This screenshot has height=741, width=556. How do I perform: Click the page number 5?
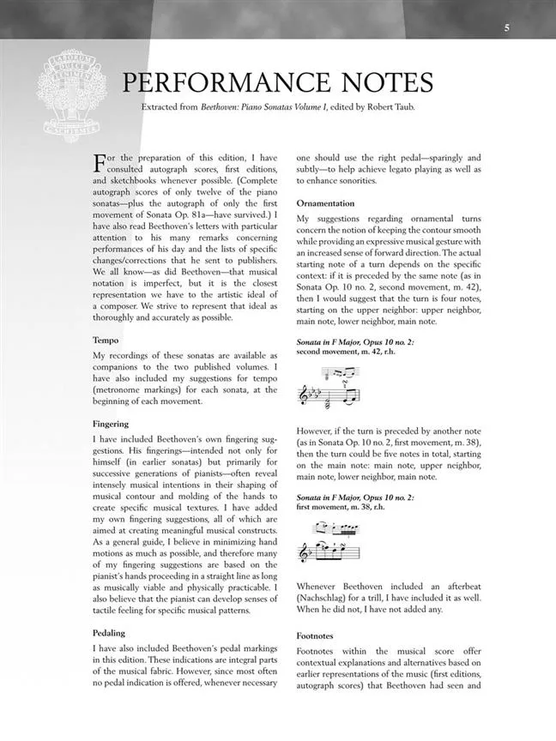[507, 27]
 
